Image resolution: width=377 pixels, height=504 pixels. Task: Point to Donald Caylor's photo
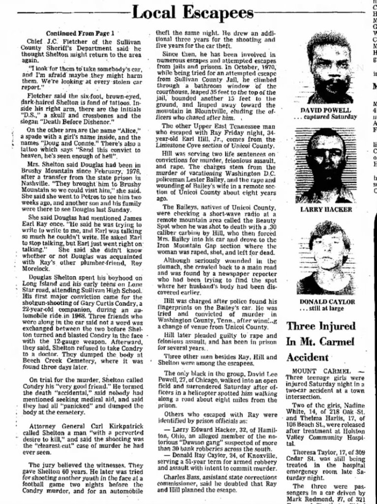coord(325,257)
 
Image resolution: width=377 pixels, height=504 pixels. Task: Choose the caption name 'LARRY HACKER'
coord(326,209)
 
